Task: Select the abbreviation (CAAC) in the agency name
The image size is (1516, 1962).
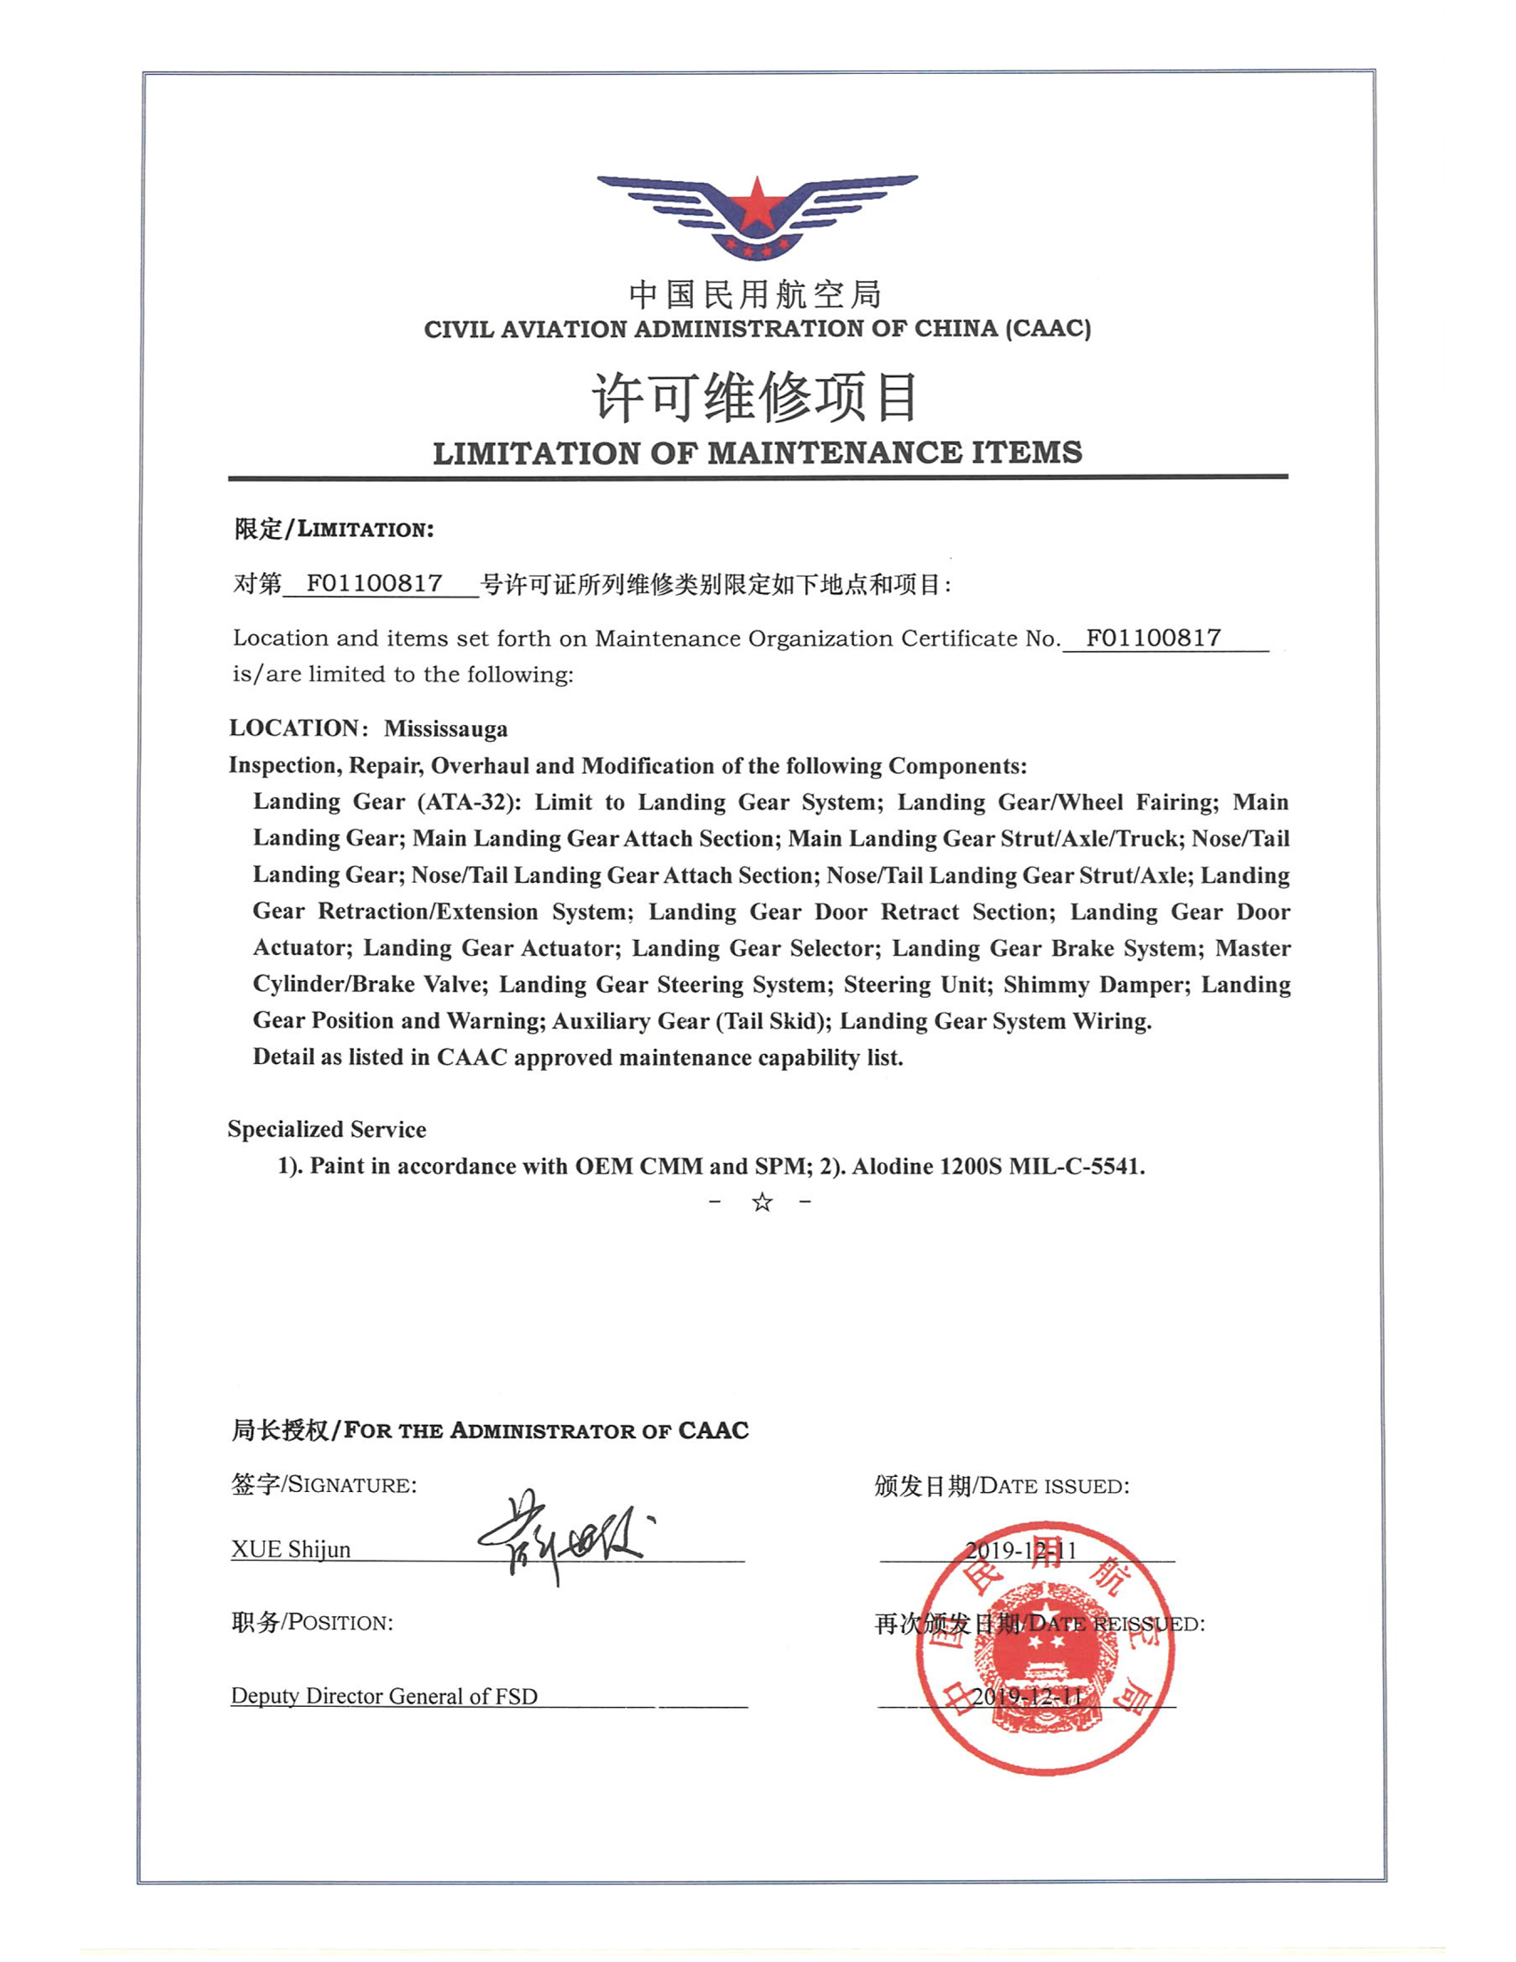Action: pos(1049,329)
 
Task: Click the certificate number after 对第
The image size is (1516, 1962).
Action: pos(375,584)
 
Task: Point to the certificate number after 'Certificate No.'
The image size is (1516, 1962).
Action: pos(1153,638)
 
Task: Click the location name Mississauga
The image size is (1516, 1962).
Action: pos(446,729)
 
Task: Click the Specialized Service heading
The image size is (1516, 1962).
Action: pos(327,1129)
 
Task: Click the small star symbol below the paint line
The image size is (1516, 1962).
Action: pos(762,1202)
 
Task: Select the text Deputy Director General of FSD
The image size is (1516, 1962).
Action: pos(384,1696)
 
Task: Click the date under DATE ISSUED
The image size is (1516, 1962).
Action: pos(1021,1550)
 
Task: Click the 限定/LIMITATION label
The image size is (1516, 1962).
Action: pos(334,529)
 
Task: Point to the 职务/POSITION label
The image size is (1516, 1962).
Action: pos(312,1622)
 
